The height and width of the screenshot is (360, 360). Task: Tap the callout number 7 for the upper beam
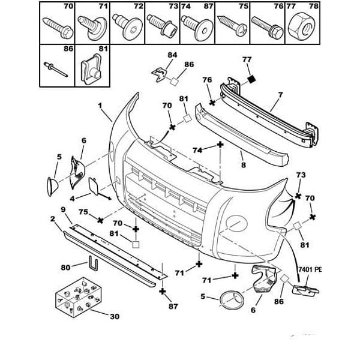[280, 95]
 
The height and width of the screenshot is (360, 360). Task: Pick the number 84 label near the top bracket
[172, 55]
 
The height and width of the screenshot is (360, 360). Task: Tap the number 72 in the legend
[139, 7]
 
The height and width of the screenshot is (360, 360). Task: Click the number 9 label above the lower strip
[62, 209]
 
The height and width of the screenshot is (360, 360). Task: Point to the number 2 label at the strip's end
[53, 221]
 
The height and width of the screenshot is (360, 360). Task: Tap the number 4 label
[71, 197]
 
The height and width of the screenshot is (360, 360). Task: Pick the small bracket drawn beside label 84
[158, 72]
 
